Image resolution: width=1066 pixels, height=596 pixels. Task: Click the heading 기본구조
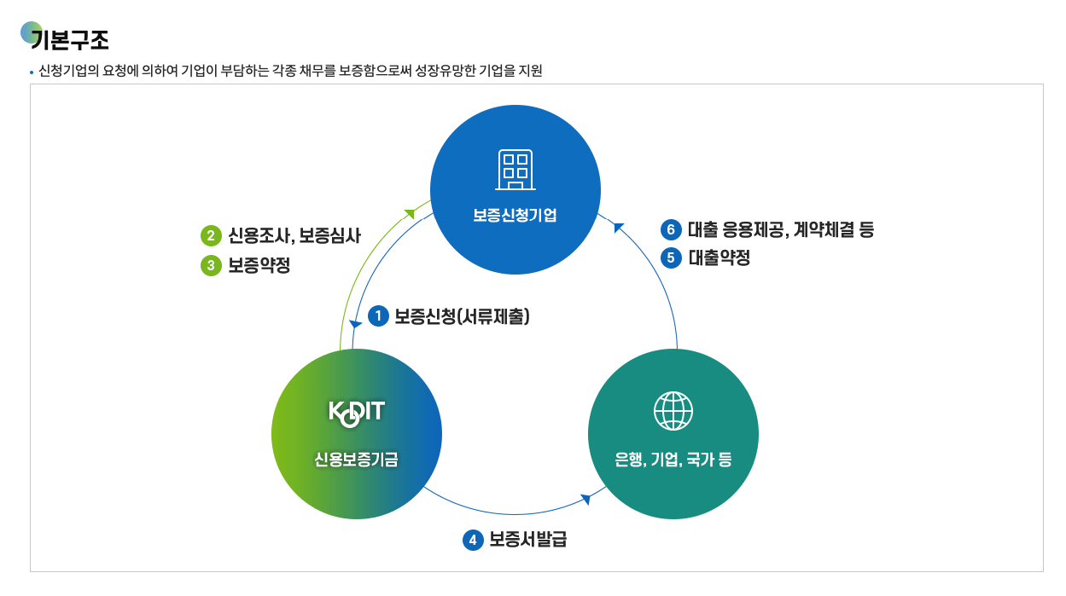click(x=69, y=40)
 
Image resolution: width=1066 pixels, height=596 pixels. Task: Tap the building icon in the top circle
click(x=516, y=171)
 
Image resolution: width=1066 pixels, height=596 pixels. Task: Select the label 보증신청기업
click(x=515, y=216)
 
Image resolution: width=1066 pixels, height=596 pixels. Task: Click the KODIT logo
click(x=357, y=412)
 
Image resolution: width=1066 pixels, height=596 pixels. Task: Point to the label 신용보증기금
click(x=357, y=460)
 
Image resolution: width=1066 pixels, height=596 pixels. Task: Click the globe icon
click(x=673, y=411)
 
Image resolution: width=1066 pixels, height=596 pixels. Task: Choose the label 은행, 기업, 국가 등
click(x=673, y=460)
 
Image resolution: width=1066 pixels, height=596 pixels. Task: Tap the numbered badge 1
click(x=378, y=316)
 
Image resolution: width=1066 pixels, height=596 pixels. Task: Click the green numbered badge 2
click(x=211, y=236)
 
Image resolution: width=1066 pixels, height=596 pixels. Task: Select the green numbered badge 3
click(x=211, y=266)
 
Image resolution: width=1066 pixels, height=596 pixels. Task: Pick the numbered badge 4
click(x=473, y=540)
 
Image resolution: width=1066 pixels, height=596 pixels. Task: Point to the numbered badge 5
click(x=672, y=257)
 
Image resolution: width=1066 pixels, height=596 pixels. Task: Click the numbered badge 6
click(x=672, y=229)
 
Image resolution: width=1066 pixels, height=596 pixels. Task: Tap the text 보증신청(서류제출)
click(x=463, y=316)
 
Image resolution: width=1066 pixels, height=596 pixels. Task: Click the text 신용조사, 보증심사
click(x=294, y=236)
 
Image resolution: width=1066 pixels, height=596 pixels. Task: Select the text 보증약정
click(x=259, y=266)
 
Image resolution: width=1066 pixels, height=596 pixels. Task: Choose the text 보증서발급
click(x=527, y=540)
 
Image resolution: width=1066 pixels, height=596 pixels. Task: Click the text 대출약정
click(x=719, y=257)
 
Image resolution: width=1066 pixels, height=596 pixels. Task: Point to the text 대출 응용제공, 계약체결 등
click(x=781, y=229)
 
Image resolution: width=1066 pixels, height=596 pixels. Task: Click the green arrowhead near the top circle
click(x=410, y=211)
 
